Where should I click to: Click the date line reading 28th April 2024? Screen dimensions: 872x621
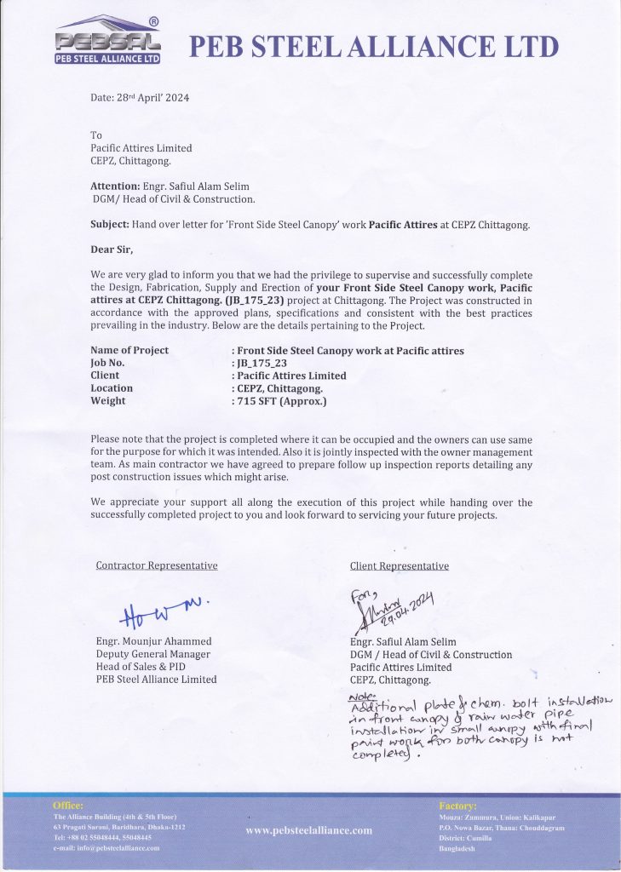(x=140, y=98)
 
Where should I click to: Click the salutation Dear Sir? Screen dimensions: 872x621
(x=112, y=250)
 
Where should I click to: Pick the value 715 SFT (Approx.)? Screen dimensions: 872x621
(x=282, y=401)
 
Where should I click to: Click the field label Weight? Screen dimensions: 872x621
(x=107, y=401)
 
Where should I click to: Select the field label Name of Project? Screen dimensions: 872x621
(x=129, y=350)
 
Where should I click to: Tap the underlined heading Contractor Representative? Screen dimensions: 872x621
(x=157, y=565)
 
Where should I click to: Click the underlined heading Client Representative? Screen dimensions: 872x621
(x=400, y=565)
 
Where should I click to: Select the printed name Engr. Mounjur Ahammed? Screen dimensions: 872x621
(x=153, y=641)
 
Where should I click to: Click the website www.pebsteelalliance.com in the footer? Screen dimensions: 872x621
(x=309, y=830)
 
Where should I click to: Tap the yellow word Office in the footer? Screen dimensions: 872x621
(x=68, y=805)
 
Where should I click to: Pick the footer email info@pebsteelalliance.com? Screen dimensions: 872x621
(x=106, y=848)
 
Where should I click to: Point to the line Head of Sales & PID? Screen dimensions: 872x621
(x=141, y=667)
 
